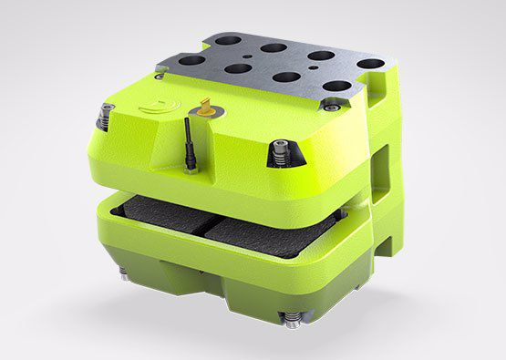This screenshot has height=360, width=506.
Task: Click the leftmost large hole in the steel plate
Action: click(192, 61)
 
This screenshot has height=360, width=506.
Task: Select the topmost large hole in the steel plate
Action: click(271, 46)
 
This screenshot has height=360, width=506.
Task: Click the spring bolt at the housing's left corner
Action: click(104, 116)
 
